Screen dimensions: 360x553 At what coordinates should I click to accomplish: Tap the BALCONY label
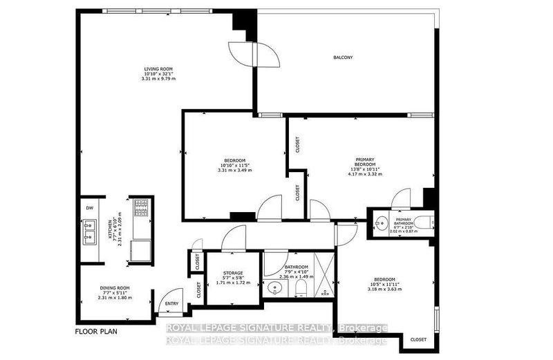tap(343, 57)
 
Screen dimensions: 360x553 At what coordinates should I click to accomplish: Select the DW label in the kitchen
tap(90, 207)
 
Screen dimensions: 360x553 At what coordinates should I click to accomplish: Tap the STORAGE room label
tap(222, 274)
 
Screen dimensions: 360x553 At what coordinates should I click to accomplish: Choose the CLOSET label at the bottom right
tap(418, 340)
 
